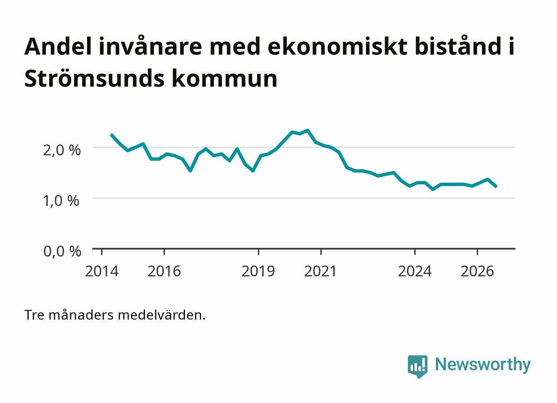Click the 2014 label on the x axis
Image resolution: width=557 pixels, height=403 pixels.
tap(102, 271)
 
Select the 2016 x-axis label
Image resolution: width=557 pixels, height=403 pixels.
tap(164, 271)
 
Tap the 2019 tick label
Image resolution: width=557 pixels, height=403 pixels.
tap(258, 271)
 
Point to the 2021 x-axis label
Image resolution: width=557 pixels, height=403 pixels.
tap(320, 271)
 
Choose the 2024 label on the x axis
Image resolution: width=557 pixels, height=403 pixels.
tap(415, 271)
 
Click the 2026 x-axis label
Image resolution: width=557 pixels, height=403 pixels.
tap(477, 271)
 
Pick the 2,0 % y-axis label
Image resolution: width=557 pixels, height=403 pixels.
tap(62, 150)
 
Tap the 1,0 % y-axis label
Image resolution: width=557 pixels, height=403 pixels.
tap(61, 201)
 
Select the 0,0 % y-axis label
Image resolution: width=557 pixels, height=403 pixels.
tap(62, 251)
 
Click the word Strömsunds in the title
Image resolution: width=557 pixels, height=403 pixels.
tap(94, 78)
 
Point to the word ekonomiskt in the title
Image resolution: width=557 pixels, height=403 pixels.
tap(338, 46)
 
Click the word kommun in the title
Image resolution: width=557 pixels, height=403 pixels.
tap(224, 78)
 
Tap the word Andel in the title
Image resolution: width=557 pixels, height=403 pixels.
tap(58, 46)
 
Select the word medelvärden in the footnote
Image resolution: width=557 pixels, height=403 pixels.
tap(162, 315)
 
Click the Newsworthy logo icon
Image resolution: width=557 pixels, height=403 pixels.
tap(418, 367)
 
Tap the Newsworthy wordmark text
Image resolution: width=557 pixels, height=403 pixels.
tap(483, 365)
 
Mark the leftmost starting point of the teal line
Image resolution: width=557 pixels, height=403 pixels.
tap(111, 135)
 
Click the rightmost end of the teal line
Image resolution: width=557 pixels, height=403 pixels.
tap(497, 187)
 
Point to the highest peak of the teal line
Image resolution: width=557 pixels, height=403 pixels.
tap(308, 130)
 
